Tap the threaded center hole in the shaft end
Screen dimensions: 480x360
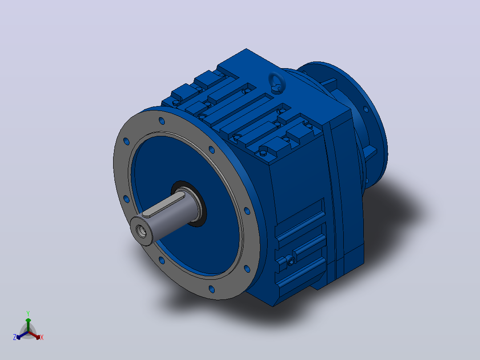[142, 230]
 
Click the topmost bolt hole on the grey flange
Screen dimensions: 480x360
[162, 121]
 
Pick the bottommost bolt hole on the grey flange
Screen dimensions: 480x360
[212, 289]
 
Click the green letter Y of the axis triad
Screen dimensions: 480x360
[28, 313]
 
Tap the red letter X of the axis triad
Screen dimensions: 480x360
[42, 337]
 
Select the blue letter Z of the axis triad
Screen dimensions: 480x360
[14, 337]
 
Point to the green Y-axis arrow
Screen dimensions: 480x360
[28, 325]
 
